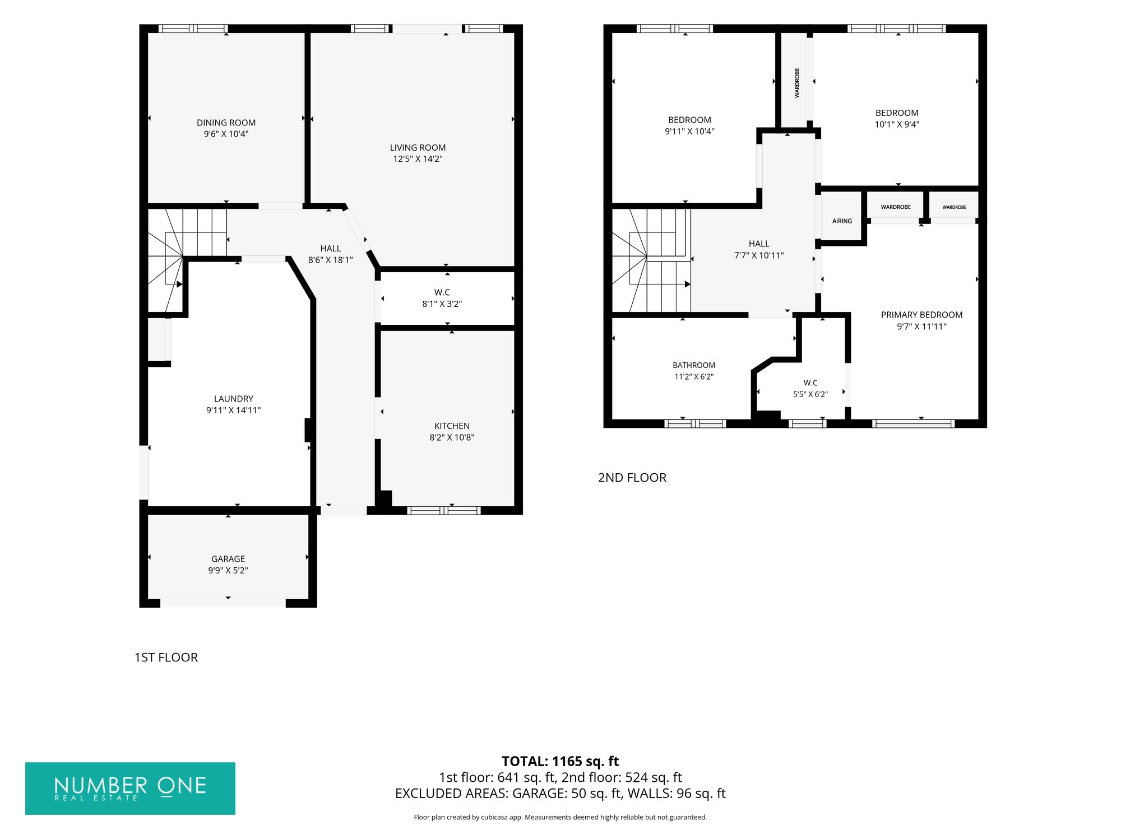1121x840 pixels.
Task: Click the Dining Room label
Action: point(226,123)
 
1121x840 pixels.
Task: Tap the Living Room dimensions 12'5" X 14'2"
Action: point(418,159)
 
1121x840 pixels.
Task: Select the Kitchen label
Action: point(452,426)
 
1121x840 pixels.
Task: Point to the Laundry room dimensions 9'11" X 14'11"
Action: point(233,410)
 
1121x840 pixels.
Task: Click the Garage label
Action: point(228,559)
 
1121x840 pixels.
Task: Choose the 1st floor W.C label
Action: point(442,292)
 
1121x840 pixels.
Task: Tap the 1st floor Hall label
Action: point(331,249)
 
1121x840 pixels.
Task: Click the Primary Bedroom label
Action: point(921,315)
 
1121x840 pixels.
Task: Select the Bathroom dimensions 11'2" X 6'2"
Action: point(694,377)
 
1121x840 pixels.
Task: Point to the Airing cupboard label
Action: point(842,221)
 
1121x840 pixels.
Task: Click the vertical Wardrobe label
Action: point(797,83)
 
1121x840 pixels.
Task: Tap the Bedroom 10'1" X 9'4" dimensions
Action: point(897,124)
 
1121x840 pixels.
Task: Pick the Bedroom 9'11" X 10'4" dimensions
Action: point(689,132)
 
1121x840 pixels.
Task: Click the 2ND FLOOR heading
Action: point(632,478)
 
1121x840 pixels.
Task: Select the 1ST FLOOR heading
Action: point(166,657)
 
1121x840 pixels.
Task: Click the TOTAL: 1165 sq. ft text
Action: point(560,762)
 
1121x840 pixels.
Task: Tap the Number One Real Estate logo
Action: point(130,788)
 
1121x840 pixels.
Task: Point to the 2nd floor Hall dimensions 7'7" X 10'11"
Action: point(759,255)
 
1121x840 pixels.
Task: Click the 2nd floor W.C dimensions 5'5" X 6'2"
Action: point(810,394)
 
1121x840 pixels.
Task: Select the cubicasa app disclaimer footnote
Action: point(560,817)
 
